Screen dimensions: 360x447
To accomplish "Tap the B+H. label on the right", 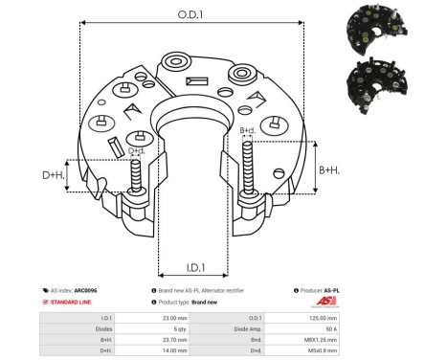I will (x=328, y=169).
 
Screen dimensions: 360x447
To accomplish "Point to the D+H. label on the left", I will (x=55, y=175).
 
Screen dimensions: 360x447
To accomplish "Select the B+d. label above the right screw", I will (x=246, y=129).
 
